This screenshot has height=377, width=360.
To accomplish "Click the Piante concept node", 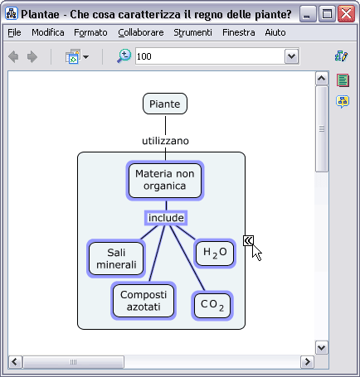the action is (165, 104).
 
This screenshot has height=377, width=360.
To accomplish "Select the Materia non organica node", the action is (165, 181).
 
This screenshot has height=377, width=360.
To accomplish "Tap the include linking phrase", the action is (166, 218).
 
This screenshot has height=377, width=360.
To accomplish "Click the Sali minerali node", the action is (116, 259).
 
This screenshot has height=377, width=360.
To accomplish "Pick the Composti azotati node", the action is (144, 301).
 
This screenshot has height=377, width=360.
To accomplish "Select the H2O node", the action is (215, 253).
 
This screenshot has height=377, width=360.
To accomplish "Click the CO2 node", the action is (212, 306).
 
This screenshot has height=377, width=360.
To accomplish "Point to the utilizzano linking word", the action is (165, 141).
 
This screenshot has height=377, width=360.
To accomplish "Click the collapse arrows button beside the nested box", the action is (248, 240).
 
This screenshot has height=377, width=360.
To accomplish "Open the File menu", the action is (14, 32).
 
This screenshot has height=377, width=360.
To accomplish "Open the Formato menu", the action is (90, 32).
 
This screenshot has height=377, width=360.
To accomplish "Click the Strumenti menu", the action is (192, 32).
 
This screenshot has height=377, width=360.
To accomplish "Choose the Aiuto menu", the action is (275, 32).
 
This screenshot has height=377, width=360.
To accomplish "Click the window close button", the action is (346, 14).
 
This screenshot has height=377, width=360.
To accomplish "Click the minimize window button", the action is (308, 14).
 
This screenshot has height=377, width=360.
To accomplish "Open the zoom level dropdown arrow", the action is (291, 56).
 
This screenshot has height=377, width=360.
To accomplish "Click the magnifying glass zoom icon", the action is (124, 56).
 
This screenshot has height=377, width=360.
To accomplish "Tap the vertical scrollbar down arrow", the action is (321, 347).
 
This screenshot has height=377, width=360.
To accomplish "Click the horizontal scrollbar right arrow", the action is (307, 361).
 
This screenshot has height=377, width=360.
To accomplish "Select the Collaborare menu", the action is (141, 32).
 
